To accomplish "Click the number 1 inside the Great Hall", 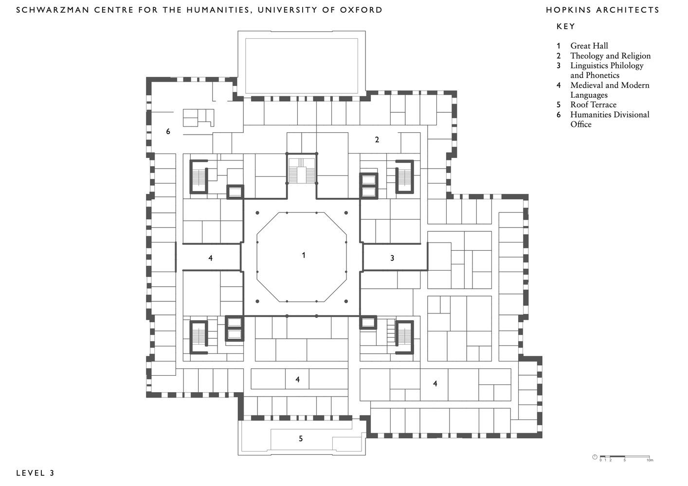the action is tap(304, 255).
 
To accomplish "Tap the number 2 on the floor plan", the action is tap(377, 139).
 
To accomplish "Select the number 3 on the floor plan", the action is tap(392, 258).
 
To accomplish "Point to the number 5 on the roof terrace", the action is tap(301, 439).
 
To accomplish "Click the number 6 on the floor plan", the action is tap(168, 131).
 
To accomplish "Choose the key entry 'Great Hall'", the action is tap(589, 46).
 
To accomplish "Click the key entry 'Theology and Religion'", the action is tap(610, 56).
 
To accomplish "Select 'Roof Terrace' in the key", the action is tap(594, 104).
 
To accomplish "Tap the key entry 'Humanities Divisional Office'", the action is tap(610, 120).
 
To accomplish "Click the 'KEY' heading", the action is tap(566, 27).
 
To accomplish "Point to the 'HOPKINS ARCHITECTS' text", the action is tap(603, 10).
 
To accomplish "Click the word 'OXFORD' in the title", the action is tap(361, 10).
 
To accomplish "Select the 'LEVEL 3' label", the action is tap(36, 473).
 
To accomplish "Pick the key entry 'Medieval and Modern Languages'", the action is tap(610, 90).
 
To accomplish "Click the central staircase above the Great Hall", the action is tap(302, 171).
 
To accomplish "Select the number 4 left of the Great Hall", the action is tap(210, 258).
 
